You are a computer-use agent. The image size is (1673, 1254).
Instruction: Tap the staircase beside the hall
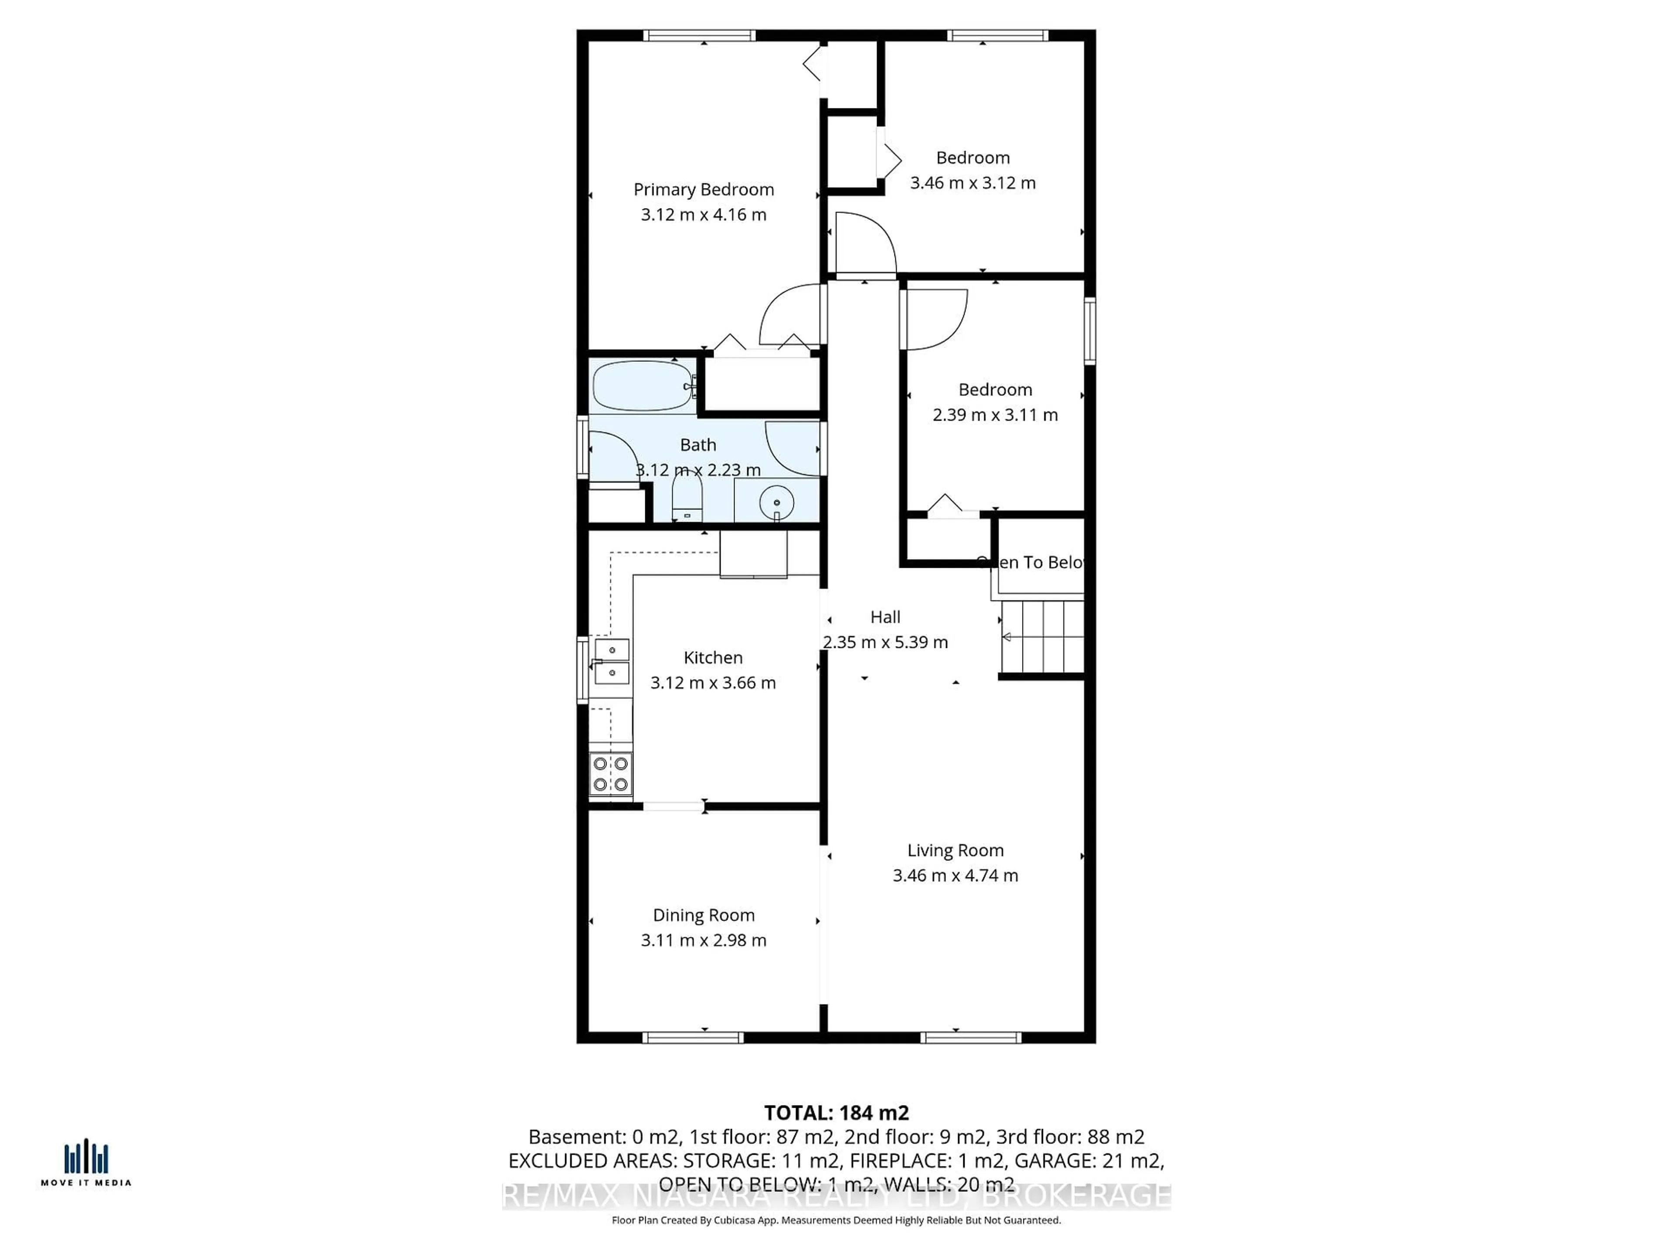[x=1042, y=637]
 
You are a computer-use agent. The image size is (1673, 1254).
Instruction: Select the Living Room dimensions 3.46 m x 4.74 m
[x=955, y=875]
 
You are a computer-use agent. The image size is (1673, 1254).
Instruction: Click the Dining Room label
[x=703, y=915]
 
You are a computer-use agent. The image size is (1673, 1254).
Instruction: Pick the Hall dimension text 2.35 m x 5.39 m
[x=885, y=642]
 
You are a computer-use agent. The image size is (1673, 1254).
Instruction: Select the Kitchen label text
[x=712, y=657]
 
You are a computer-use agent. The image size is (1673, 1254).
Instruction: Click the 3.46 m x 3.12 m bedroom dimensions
[x=972, y=183]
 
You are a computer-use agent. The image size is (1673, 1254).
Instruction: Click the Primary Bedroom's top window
[x=700, y=36]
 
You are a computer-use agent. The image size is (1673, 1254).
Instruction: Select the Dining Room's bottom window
[x=693, y=1038]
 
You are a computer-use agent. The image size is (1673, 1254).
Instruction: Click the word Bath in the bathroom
[x=698, y=445]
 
